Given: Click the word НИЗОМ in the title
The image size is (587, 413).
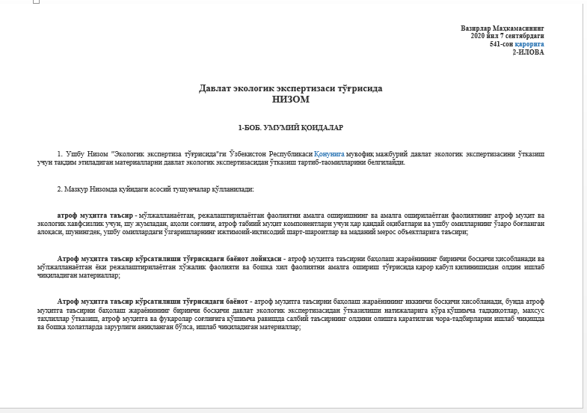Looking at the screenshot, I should pos(291,98).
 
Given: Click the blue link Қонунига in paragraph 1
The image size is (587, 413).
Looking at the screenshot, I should pos(328,153).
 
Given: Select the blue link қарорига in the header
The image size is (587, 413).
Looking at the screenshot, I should pos(529,44).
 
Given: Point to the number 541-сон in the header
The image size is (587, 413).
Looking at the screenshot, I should pos(501,44).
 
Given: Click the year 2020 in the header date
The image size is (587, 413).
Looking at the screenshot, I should pos(479,36).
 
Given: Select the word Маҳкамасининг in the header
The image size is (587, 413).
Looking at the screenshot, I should pos(519,28).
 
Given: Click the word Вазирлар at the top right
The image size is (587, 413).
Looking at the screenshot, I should pos(476,28).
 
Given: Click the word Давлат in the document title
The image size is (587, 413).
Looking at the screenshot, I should pos(214,88).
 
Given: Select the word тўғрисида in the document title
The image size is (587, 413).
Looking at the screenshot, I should pos(358,88).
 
